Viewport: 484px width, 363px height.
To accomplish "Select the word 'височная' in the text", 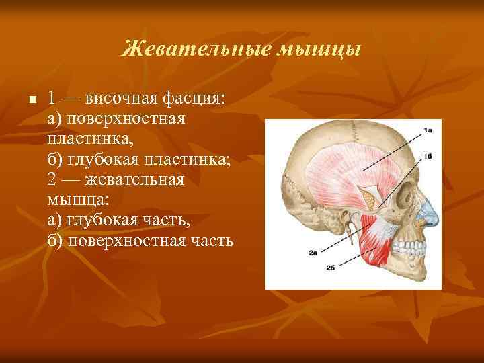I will pyautogui.click(x=120, y=99).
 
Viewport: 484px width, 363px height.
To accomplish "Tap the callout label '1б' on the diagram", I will pyautogui.click(x=428, y=156).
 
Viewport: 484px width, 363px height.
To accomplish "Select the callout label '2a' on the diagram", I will pyautogui.click(x=313, y=253).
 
